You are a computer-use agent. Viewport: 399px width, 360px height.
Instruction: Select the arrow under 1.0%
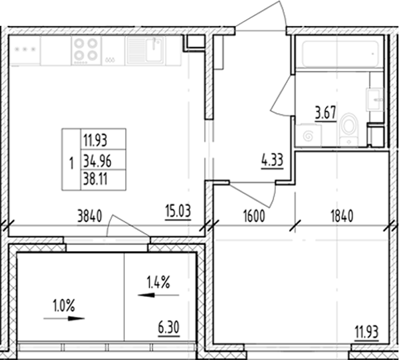coord(65,319)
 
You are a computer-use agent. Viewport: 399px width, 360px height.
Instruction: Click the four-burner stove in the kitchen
coord(86,50)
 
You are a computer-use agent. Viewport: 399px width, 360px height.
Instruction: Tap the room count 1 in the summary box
coord(70,160)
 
